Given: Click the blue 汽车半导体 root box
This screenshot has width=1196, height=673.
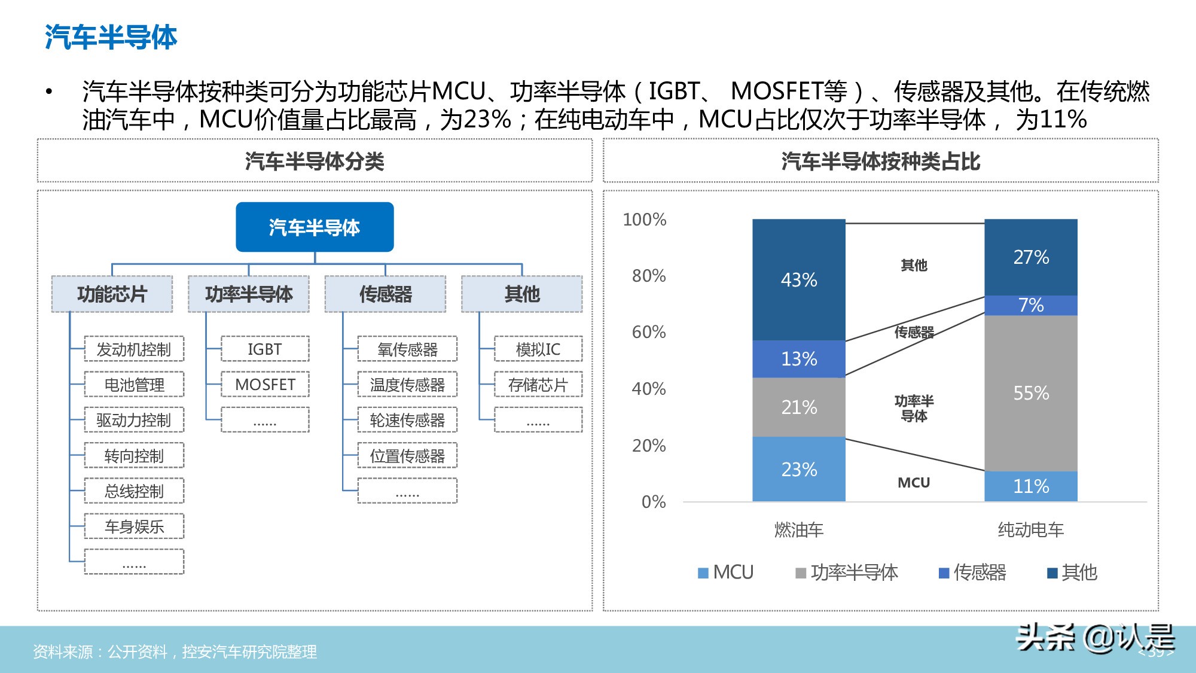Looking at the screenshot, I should [x=315, y=227].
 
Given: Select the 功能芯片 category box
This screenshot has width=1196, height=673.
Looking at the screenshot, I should [x=112, y=294].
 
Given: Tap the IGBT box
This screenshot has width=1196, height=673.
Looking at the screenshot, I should [x=265, y=349].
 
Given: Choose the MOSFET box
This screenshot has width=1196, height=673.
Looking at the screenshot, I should [x=265, y=384].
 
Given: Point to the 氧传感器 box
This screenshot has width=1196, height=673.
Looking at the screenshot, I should [x=407, y=349].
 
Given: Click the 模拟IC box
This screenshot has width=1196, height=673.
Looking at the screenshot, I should [x=538, y=349].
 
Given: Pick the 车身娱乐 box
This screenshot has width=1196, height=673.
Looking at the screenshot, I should [x=134, y=526].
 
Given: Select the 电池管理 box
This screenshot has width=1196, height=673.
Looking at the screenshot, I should [x=134, y=384].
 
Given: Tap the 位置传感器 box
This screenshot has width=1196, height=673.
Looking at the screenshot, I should [x=407, y=456].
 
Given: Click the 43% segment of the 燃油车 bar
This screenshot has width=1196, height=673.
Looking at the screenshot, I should [x=798, y=279].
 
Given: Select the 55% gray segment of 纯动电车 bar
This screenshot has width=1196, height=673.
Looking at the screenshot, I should [x=1030, y=393].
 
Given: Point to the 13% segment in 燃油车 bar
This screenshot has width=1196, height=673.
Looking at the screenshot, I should [x=798, y=358].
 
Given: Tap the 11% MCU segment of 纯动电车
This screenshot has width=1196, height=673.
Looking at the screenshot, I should [x=1030, y=486].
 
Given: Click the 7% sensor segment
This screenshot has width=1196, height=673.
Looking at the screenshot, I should [x=1030, y=305].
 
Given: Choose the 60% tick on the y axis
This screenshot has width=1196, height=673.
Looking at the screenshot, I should [x=649, y=332].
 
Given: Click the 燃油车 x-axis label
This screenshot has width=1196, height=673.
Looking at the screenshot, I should [x=798, y=529].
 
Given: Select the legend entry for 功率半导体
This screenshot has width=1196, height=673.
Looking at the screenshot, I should [x=847, y=572].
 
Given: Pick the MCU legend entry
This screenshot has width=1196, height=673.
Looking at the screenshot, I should [x=726, y=572].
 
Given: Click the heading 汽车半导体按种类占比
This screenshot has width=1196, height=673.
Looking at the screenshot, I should [x=880, y=162].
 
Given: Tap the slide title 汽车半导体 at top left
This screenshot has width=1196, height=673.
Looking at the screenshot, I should [x=111, y=37].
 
